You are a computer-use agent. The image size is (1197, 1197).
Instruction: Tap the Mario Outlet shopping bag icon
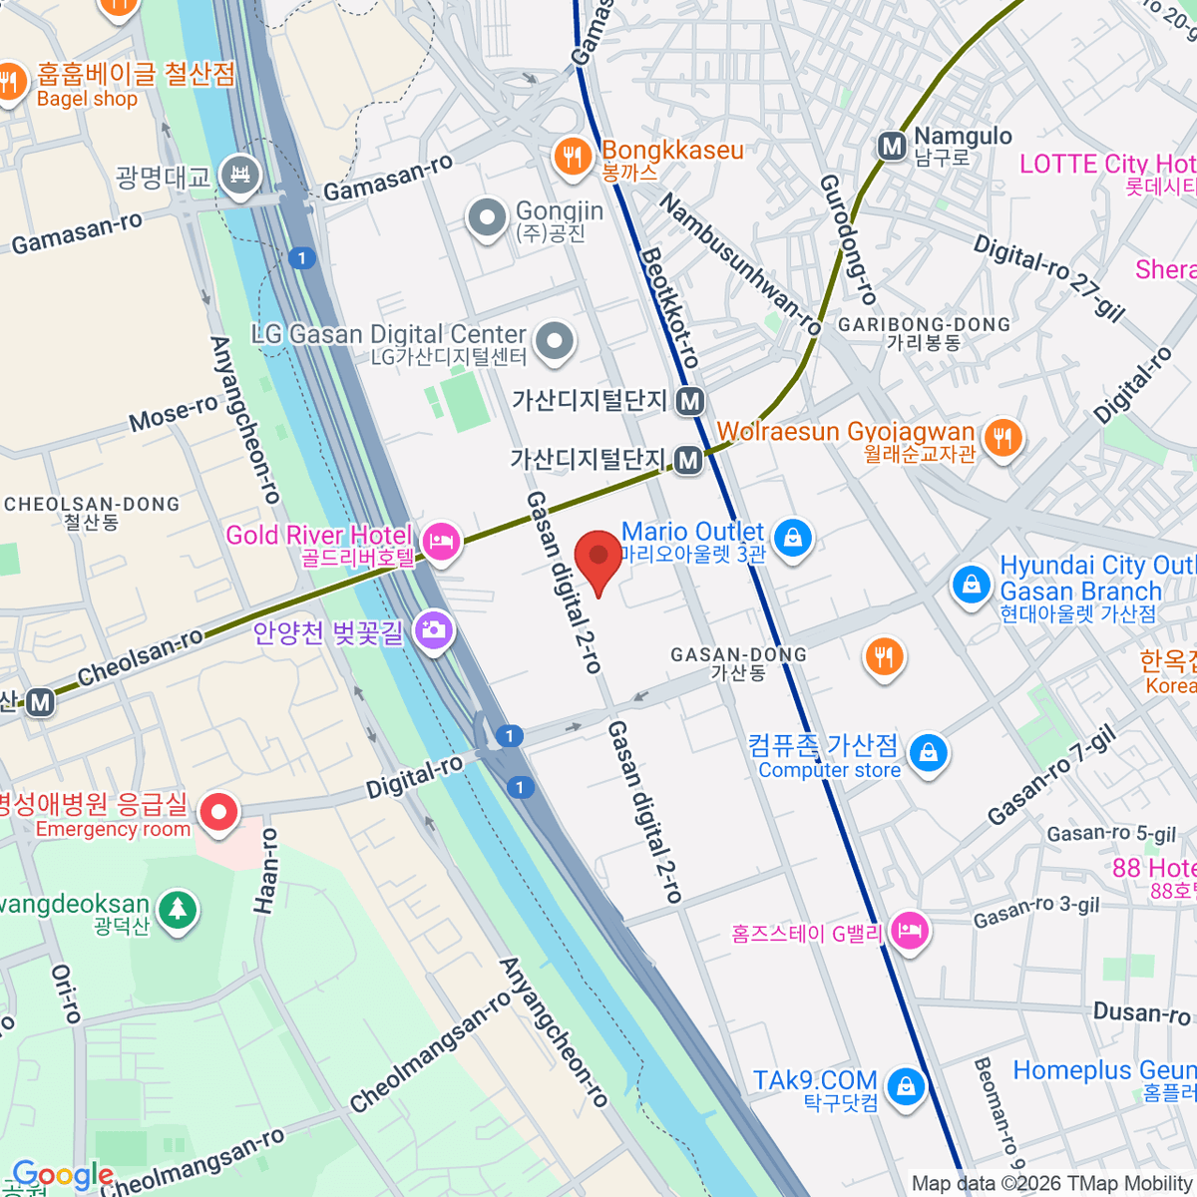(x=793, y=539)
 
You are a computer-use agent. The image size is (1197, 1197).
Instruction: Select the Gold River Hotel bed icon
(x=441, y=543)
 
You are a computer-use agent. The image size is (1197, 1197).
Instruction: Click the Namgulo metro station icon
(x=892, y=148)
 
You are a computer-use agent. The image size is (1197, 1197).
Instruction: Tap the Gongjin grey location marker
(x=488, y=218)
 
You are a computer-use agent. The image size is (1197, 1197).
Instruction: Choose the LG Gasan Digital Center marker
(x=555, y=342)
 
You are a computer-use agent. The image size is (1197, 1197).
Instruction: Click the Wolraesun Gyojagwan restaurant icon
(x=1002, y=438)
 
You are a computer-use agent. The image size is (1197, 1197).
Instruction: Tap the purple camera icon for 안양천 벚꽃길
(x=434, y=629)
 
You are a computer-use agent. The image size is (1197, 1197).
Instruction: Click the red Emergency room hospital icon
(x=217, y=812)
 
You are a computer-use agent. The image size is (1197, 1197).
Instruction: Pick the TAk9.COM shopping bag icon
(x=905, y=1086)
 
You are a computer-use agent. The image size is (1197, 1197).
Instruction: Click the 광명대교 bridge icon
(x=240, y=177)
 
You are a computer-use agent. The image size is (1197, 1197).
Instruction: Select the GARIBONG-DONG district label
(x=924, y=325)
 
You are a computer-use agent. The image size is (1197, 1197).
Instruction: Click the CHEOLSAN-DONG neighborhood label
(x=92, y=505)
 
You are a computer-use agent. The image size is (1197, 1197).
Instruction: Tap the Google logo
(x=63, y=1175)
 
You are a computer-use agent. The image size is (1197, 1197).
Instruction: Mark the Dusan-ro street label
(x=1142, y=1013)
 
